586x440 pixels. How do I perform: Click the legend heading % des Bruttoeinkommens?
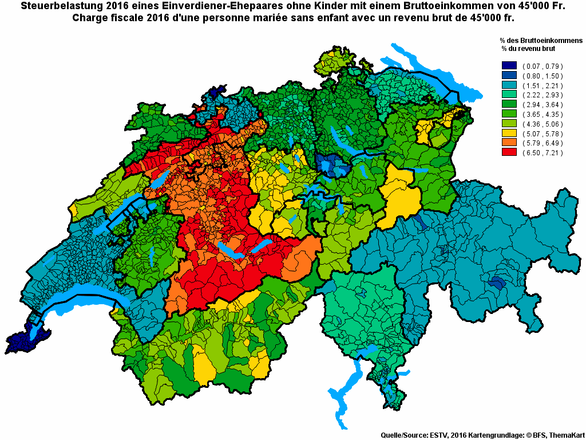point(541,41)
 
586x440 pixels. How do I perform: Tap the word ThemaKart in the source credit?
point(566,435)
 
